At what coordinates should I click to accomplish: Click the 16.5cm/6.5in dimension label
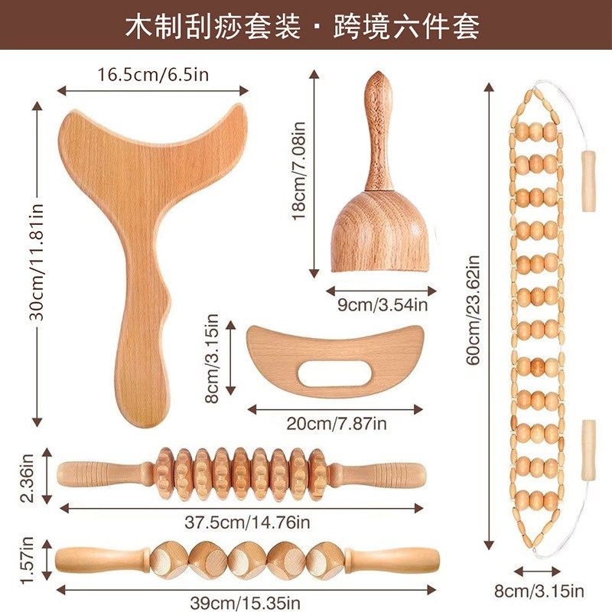153,75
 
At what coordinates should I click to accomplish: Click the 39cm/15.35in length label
240,602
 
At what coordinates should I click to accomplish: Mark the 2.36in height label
28,478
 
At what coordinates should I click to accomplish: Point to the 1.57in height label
28,561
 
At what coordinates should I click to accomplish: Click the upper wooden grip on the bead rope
588,181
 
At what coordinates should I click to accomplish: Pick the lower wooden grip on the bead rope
588,450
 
